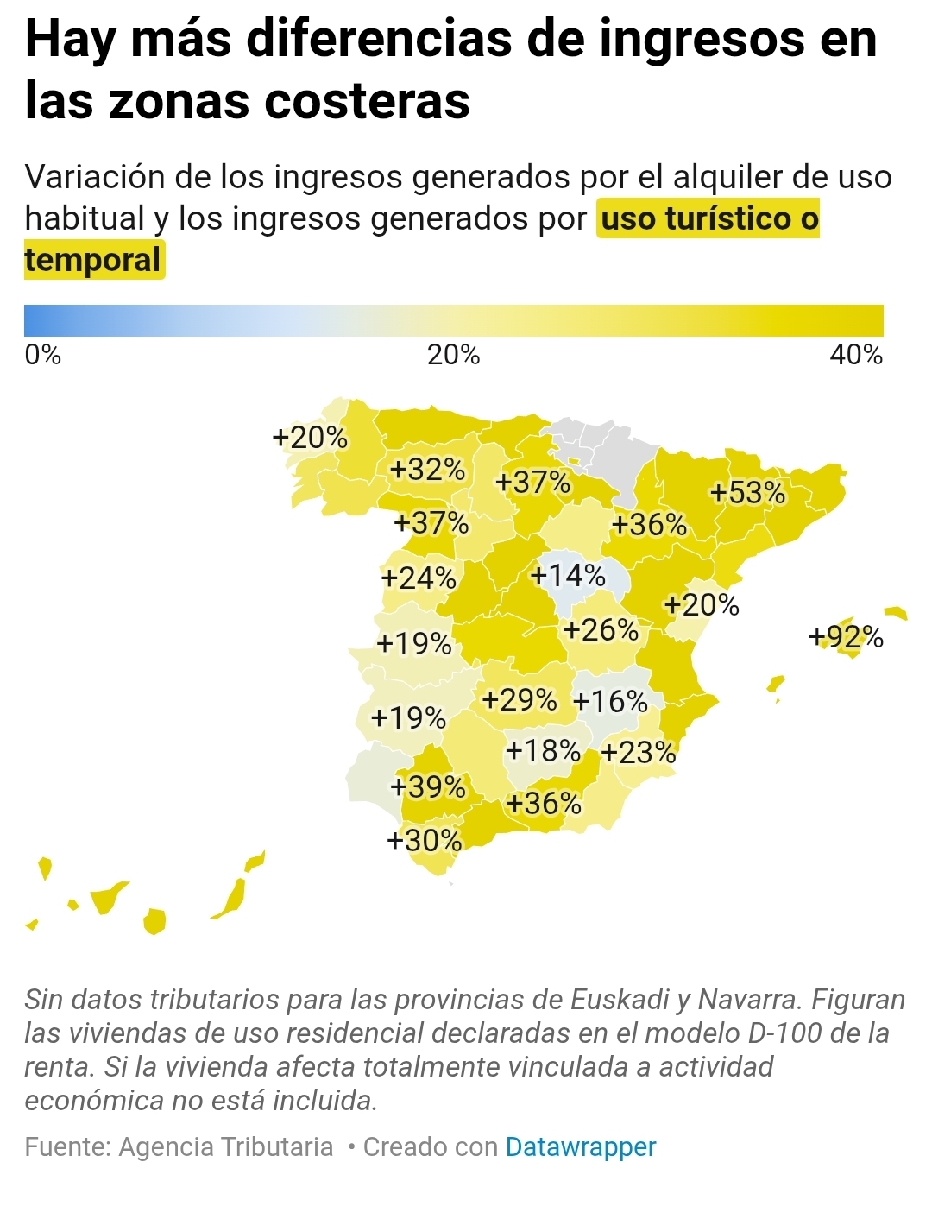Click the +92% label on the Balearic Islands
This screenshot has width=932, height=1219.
[x=846, y=637]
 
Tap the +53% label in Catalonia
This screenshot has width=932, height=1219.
[x=747, y=492]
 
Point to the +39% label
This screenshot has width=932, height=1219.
[x=428, y=786]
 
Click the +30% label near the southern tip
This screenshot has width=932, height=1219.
[x=425, y=840]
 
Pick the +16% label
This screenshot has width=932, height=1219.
[x=610, y=701]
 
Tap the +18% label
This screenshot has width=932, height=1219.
[x=543, y=750]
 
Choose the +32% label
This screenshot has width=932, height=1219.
[x=428, y=470]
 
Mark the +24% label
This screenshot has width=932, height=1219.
[x=419, y=577]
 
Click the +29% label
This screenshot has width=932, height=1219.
[x=520, y=698]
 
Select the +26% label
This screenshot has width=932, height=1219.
[x=601, y=629]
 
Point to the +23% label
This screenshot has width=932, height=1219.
[x=639, y=752]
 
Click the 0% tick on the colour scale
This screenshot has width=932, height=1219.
[x=43, y=355]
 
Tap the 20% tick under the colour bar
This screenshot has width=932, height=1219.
[x=454, y=355]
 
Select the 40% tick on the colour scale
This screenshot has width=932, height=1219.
[x=856, y=355]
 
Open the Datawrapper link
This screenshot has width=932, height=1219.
[x=581, y=1146]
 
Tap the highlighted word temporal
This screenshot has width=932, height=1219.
[x=93, y=260]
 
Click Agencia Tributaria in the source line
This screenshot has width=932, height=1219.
[x=226, y=1146]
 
